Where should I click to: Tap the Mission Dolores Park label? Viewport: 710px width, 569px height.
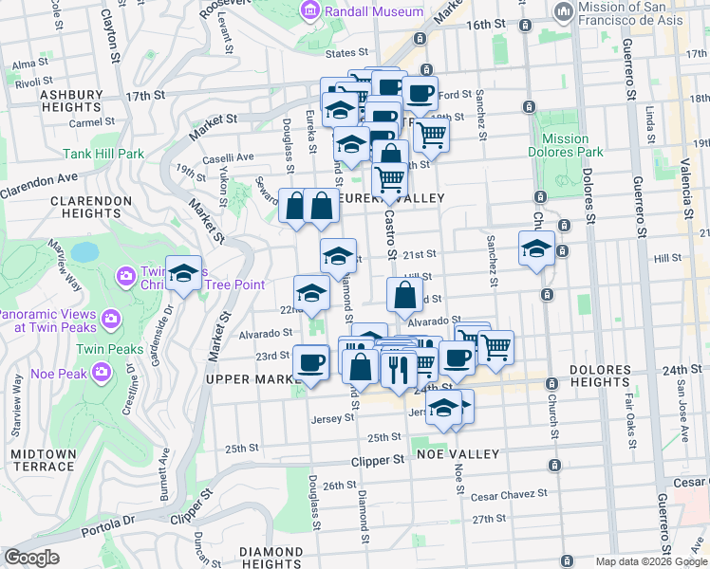[x=566, y=145]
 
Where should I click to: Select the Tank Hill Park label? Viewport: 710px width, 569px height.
[x=103, y=154]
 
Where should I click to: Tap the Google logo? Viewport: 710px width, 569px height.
[x=31, y=558]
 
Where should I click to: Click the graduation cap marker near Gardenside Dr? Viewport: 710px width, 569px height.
[x=184, y=273]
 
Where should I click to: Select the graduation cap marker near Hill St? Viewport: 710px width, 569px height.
[x=536, y=248]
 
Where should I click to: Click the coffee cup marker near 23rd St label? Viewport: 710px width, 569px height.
[x=310, y=360]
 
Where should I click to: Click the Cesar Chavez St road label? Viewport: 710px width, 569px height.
[x=510, y=494]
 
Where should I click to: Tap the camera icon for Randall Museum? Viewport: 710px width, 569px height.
[x=309, y=10]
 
